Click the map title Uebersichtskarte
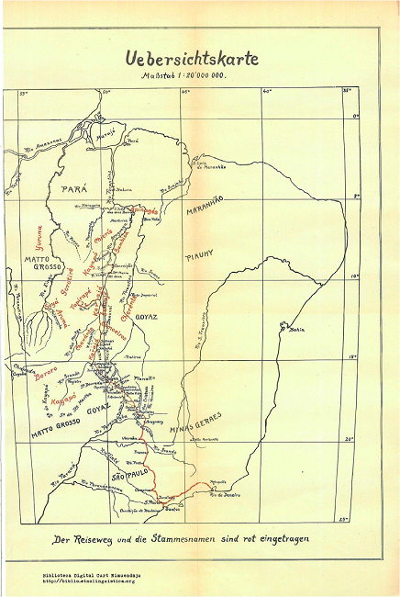click(191, 57)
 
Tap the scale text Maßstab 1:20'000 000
click(183, 76)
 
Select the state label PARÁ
click(73, 187)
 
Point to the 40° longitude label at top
click(267, 91)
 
